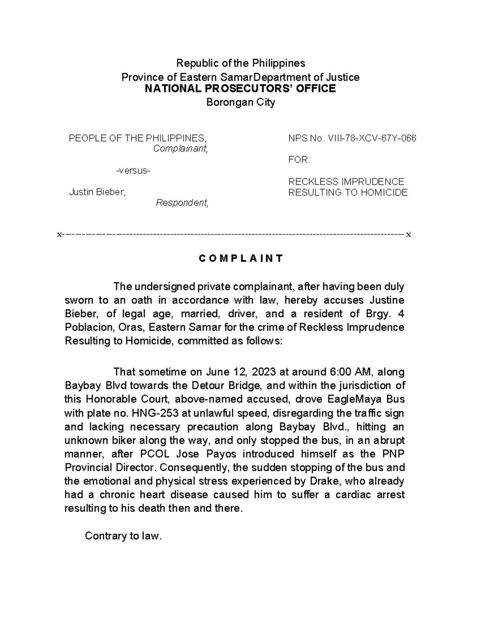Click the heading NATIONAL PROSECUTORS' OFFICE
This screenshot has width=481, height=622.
tap(240, 89)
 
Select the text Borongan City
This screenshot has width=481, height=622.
tap(240, 103)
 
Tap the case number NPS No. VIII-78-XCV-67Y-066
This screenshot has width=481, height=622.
tap(352, 139)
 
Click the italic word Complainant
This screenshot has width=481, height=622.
tap(181, 149)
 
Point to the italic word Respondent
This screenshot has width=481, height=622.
tap(182, 203)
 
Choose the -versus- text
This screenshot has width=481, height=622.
tap(133, 171)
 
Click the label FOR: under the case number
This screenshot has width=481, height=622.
tap(299, 160)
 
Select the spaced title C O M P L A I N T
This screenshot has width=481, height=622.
tap(240, 258)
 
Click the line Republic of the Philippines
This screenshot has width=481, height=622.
tap(241, 63)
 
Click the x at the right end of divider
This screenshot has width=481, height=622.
tap(408, 235)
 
